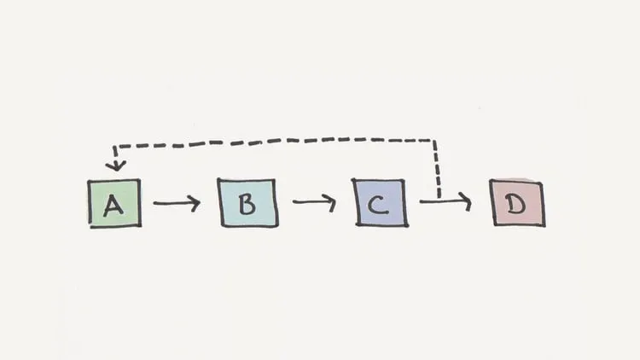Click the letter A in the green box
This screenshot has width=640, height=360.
(x=113, y=205)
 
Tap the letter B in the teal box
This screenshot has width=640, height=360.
(x=247, y=204)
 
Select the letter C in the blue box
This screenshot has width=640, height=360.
(x=380, y=204)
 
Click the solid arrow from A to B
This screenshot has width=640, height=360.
(x=177, y=204)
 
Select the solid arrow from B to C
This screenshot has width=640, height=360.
(x=313, y=203)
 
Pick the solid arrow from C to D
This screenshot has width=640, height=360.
(x=444, y=202)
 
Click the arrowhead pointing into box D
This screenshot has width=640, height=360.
(x=465, y=202)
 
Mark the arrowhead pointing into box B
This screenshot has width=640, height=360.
(x=195, y=204)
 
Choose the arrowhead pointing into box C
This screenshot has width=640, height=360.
(x=331, y=203)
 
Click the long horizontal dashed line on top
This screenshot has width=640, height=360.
(x=273, y=142)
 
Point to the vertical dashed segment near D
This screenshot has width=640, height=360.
(x=437, y=171)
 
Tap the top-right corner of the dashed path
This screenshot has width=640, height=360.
(x=436, y=138)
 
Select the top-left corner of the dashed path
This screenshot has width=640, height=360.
(x=116, y=146)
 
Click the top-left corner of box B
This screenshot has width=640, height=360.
(x=219, y=180)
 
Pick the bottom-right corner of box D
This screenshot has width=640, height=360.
(x=543, y=225)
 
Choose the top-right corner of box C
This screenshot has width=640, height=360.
(x=405, y=181)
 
